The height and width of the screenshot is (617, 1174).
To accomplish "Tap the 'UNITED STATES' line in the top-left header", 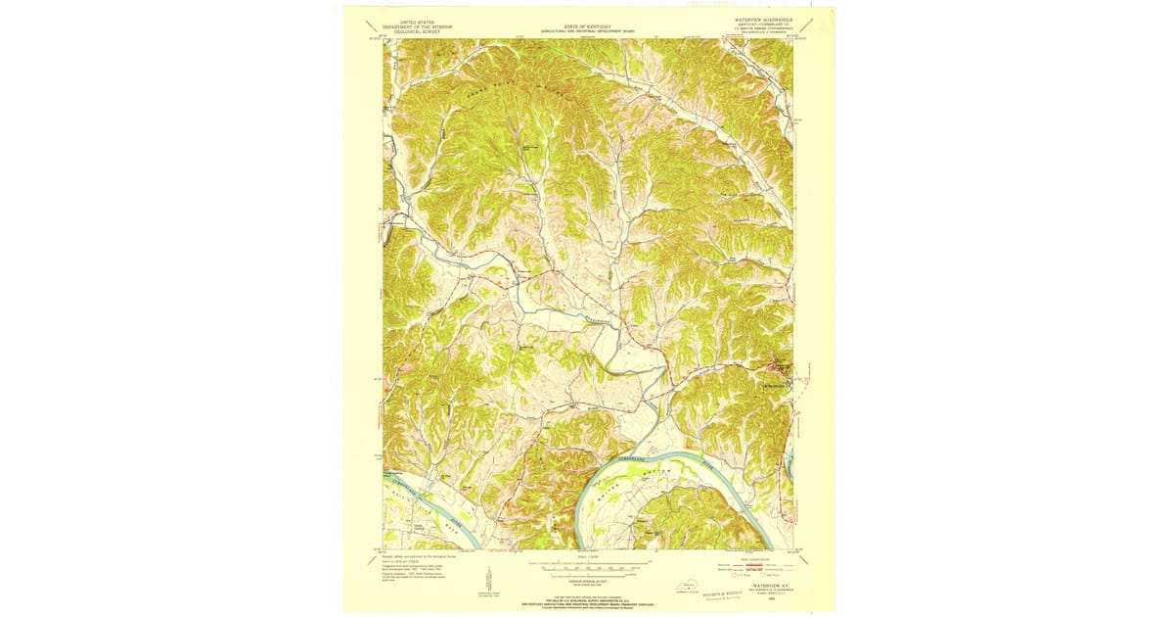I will (411, 19).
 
